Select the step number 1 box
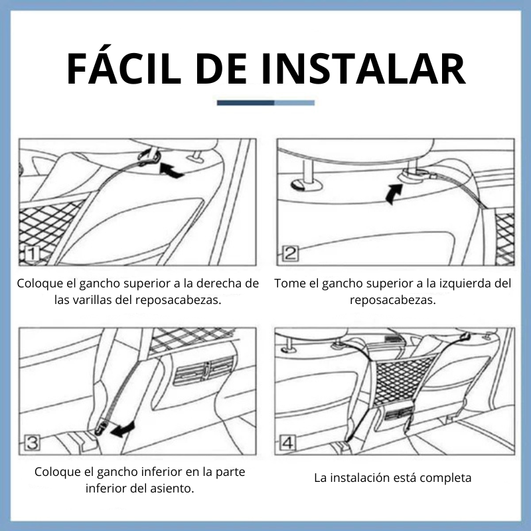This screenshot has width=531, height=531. coord(32,254)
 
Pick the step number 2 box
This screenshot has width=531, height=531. coord(290,254)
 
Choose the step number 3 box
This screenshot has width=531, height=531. coord(33,443)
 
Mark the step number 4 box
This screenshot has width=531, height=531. coord(287,443)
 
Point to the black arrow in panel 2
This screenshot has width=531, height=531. coord(394,194)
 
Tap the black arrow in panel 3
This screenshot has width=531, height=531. coord(123,429)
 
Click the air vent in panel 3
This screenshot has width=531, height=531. coord(204,371)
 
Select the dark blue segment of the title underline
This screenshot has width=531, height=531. coord(246,103)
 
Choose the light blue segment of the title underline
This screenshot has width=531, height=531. coord(294,103)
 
